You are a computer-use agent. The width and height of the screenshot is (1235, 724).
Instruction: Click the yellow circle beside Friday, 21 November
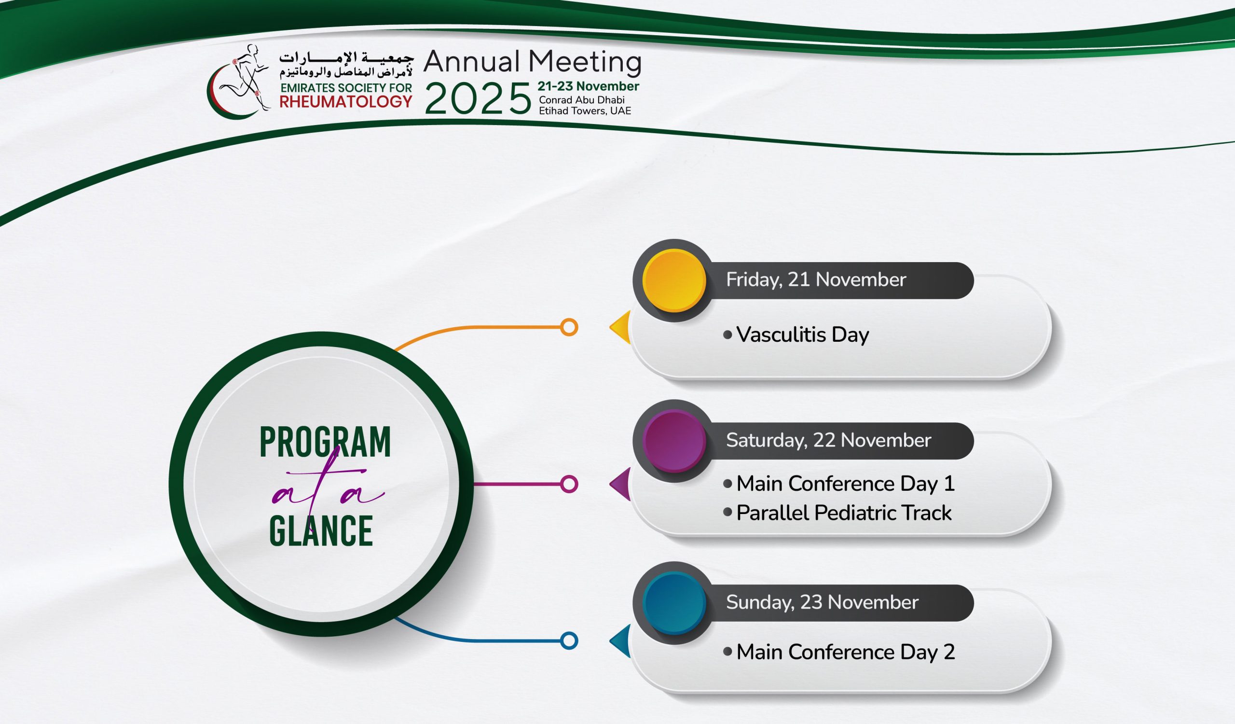click(x=674, y=280)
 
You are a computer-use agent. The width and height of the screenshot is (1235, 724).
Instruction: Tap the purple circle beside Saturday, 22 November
click(x=674, y=441)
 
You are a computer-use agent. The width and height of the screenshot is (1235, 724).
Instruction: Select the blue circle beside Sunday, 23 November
click(x=674, y=602)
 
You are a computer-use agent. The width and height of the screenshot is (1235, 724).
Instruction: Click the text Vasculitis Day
click(x=803, y=335)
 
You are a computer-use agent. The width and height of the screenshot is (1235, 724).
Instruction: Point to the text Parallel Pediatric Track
click(x=844, y=513)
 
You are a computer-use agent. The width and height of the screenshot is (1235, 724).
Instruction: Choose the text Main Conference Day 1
click(x=846, y=484)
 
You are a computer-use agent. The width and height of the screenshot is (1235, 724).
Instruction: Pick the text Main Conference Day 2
click(x=846, y=652)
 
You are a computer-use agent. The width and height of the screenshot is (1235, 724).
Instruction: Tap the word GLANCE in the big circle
click(x=321, y=530)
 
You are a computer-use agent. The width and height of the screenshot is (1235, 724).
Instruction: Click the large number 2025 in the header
click(x=478, y=98)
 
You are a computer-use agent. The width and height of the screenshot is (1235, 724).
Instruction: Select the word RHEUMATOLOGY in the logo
click(x=346, y=101)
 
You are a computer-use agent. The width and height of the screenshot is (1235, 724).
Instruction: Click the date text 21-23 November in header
click(x=588, y=86)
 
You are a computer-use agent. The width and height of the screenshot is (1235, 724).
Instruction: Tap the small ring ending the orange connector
click(x=568, y=327)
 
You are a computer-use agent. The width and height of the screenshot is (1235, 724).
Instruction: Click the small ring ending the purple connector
click(x=568, y=484)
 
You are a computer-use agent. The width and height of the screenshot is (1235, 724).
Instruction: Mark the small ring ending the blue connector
click(x=568, y=640)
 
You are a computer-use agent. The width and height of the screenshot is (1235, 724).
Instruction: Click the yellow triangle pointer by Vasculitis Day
click(x=620, y=327)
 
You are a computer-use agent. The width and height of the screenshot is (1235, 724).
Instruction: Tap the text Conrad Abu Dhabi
click(x=582, y=100)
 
